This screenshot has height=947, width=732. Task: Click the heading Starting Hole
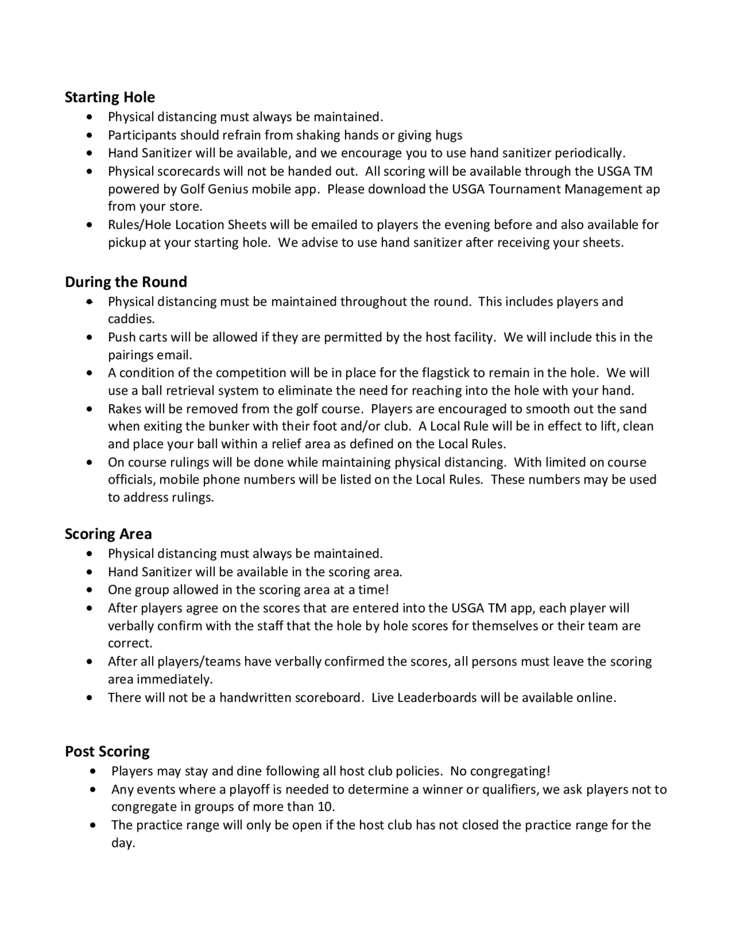click(110, 97)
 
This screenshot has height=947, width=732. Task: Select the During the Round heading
click(126, 282)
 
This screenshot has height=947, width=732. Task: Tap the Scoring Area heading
click(108, 534)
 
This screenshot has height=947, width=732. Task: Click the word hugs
click(449, 135)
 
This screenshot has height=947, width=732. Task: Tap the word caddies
click(131, 319)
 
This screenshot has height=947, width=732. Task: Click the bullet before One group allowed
click(89, 590)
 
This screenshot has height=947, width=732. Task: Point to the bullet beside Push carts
click(89, 337)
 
